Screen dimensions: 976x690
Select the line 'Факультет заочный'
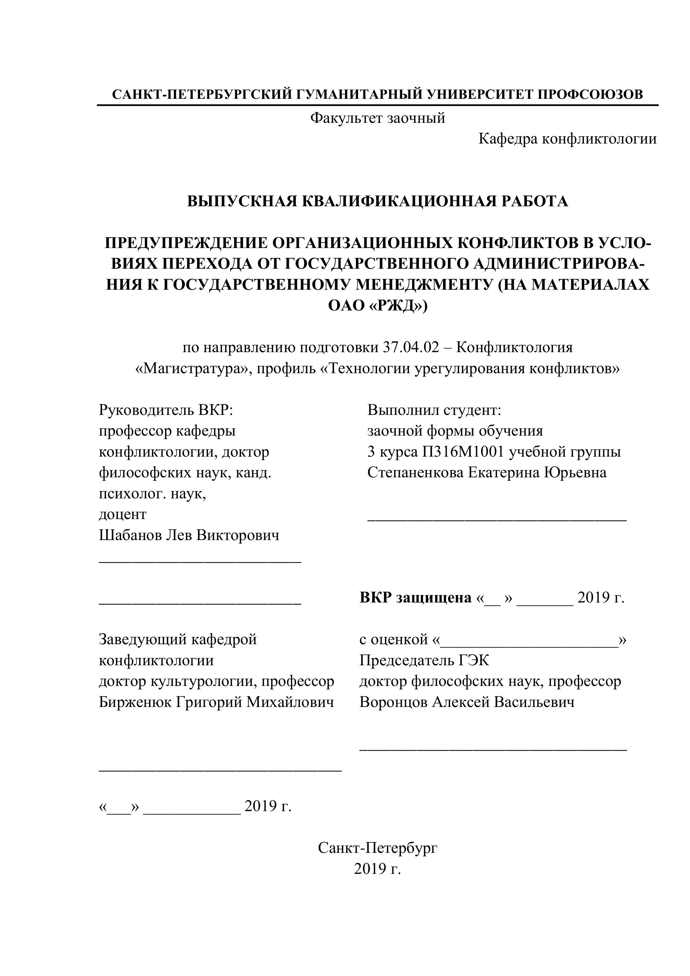377,118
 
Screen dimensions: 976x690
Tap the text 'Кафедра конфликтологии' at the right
567,139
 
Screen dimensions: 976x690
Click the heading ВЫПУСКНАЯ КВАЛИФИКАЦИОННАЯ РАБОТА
377,201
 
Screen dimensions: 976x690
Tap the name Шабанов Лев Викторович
189,535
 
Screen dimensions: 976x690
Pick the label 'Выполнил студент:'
434,410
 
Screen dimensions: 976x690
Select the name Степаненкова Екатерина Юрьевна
486,472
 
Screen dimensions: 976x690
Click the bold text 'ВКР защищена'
415,598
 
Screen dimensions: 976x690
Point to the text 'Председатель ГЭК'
424,660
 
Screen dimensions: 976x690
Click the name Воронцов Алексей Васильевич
466,702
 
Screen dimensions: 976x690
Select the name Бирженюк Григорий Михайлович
216,702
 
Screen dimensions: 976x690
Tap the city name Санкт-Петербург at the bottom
377,848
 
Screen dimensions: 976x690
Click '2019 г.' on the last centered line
377,869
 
